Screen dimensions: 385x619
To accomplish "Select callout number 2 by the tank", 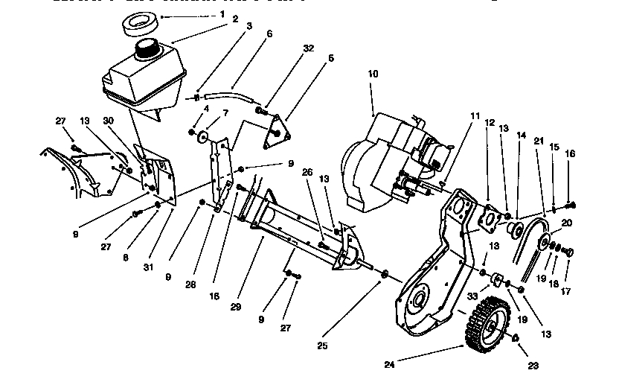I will click(x=234, y=19).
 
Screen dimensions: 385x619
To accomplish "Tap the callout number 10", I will click(x=373, y=74).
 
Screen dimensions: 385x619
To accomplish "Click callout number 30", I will click(x=109, y=121).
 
